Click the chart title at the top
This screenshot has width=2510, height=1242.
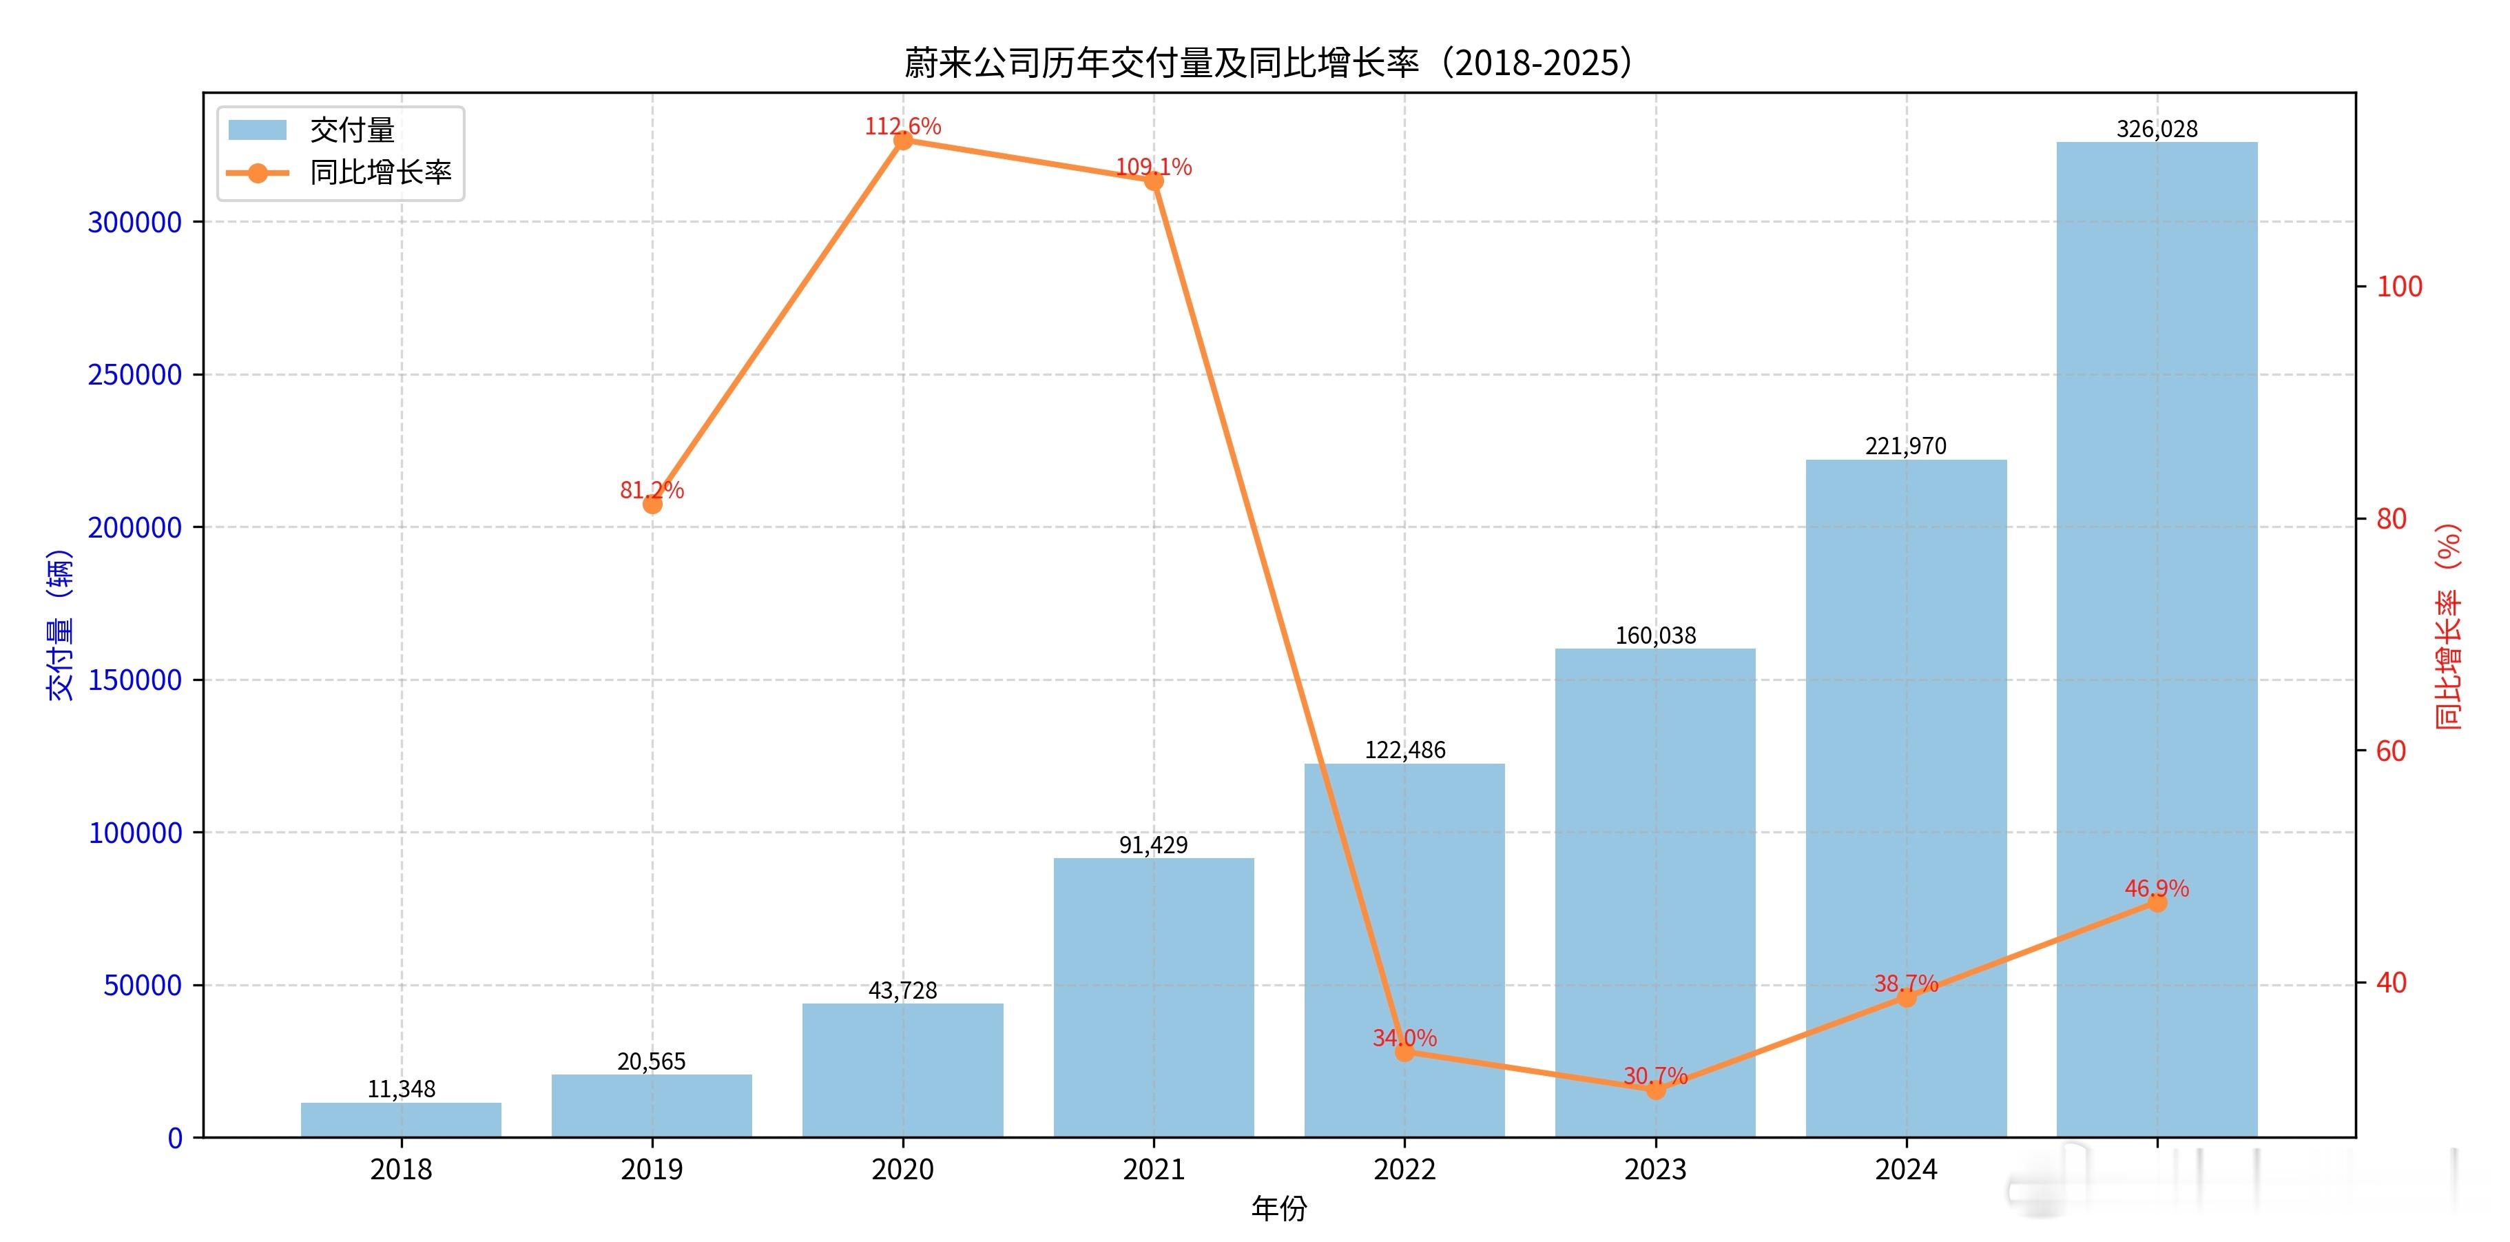tap(1267, 63)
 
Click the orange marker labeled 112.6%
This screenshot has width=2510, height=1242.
tap(903, 141)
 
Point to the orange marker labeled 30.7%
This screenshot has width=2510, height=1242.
tap(1655, 1090)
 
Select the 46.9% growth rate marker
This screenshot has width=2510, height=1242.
tap(2157, 903)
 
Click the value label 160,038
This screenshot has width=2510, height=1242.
tap(1655, 635)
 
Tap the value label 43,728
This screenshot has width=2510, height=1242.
tap(902, 990)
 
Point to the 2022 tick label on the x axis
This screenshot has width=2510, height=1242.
tap(1404, 1169)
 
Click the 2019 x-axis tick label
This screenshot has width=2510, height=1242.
tap(652, 1169)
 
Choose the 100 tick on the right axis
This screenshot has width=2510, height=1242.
tap(2399, 287)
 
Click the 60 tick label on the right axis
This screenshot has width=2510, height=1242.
tap(2391, 751)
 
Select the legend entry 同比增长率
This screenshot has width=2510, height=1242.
tap(380, 172)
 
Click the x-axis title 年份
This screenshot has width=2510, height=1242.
tap(1278, 1209)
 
